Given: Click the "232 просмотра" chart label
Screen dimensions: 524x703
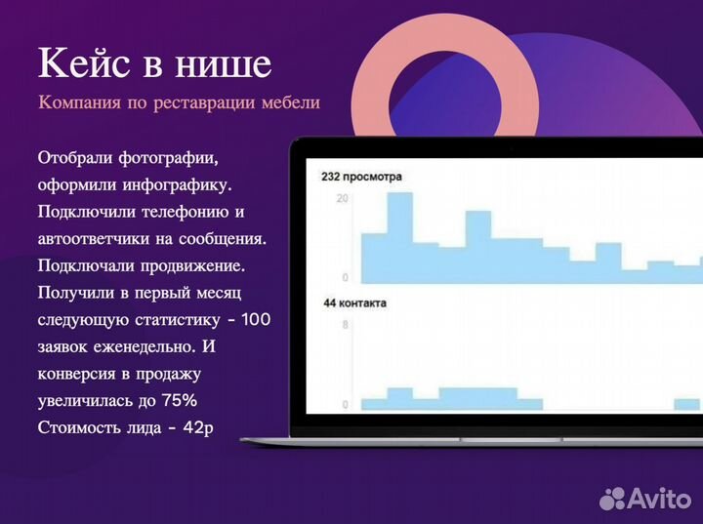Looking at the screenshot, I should [361, 177].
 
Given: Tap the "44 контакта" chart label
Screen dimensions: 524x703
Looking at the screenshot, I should [354, 303].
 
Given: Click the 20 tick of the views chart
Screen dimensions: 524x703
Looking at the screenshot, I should [342, 198].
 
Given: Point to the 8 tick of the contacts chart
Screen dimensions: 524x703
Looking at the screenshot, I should [345, 326].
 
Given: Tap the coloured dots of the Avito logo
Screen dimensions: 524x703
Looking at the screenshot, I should [612, 498].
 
